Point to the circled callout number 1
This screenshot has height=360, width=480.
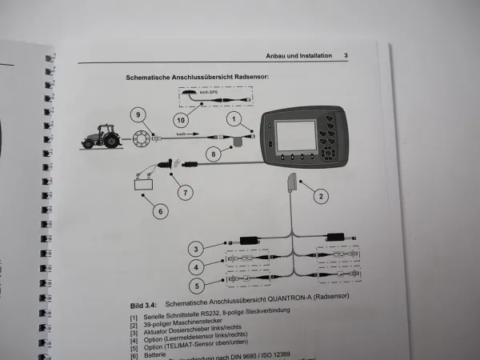tap(234, 121)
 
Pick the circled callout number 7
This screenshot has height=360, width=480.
tap(186, 192)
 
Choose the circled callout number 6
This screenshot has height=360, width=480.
tap(160, 211)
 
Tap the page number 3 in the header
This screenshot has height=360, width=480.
tap(345, 56)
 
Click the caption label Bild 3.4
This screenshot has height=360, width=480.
tap(145, 306)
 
